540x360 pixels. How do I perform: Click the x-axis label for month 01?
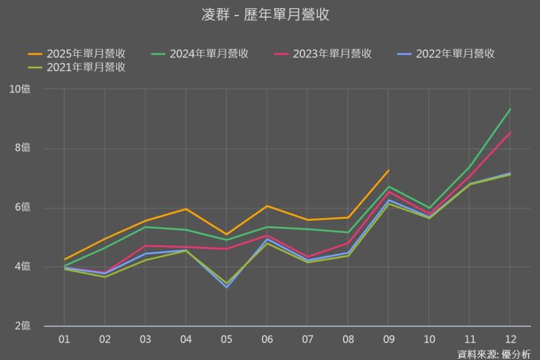(x=64, y=337)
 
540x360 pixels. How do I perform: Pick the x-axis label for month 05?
(x=226, y=337)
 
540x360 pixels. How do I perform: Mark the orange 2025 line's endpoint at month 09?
(x=388, y=170)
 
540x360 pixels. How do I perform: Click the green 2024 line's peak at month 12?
(x=510, y=109)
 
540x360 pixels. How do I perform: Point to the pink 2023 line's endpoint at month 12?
(x=510, y=132)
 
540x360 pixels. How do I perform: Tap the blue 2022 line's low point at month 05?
(x=226, y=287)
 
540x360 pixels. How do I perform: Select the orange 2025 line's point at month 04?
(x=186, y=209)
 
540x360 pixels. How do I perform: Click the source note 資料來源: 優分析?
(x=494, y=353)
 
